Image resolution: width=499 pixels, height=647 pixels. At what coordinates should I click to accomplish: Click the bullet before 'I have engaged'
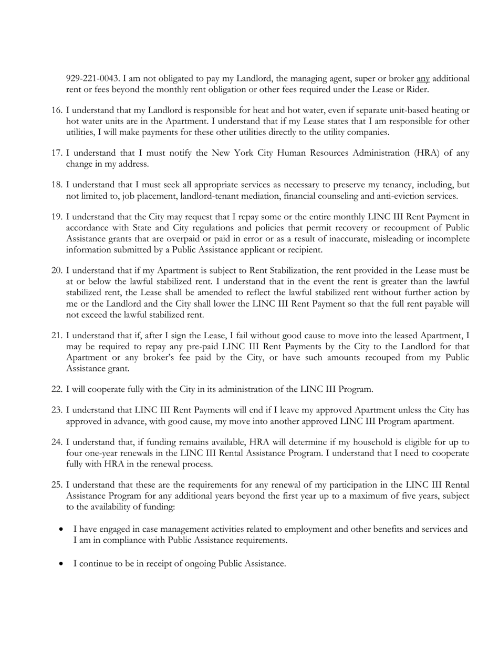(63, 529)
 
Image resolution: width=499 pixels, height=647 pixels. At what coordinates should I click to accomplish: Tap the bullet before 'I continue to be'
(63, 564)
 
